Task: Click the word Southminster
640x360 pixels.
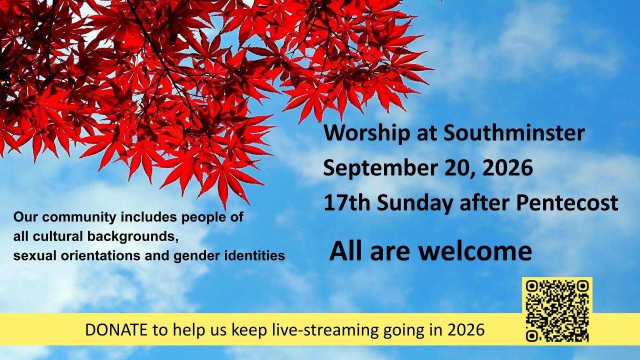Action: [x=514, y=133]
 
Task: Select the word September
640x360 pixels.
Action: [x=380, y=169]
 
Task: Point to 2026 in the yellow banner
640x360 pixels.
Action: [x=466, y=330]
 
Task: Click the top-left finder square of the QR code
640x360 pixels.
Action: [x=532, y=286]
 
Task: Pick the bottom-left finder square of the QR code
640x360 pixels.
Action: [x=532, y=335]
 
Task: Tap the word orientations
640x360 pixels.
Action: [x=101, y=255]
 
